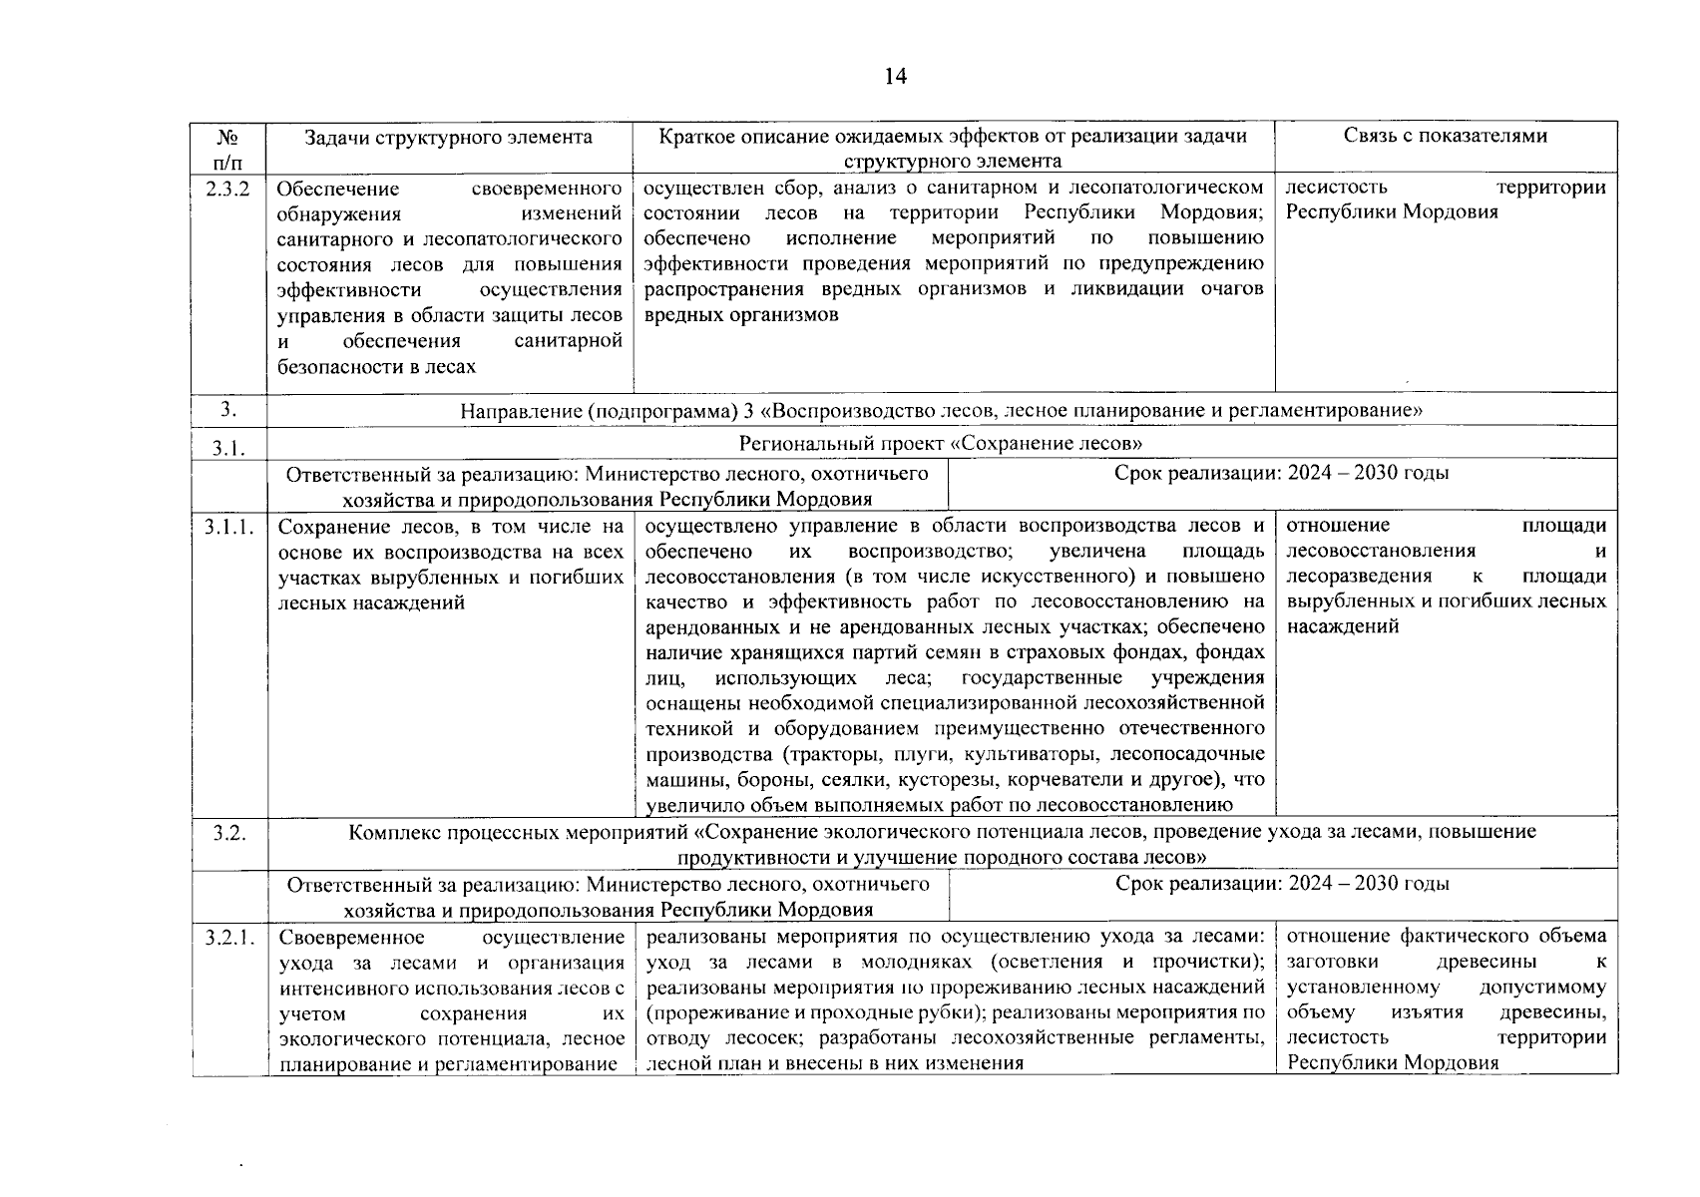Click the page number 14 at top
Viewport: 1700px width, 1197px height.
[x=895, y=77]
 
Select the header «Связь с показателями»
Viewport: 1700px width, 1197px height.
[x=1445, y=136]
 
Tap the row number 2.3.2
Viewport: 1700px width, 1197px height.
[x=228, y=188]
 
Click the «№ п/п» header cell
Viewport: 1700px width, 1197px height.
[x=228, y=148]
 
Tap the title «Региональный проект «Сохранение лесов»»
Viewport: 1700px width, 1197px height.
[x=941, y=443]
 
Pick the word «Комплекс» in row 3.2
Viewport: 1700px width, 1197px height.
[x=390, y=832]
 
